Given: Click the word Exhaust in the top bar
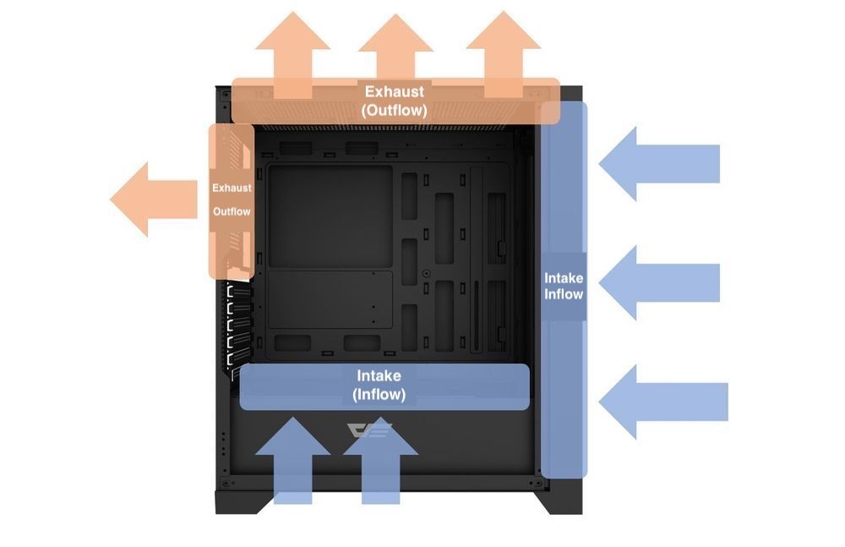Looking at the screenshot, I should (394, 91).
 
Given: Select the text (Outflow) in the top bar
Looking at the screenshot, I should (394, 110).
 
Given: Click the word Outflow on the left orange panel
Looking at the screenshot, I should (232, 211).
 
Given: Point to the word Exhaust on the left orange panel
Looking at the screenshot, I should (232, 188).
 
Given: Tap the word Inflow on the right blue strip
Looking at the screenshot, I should (564, 294).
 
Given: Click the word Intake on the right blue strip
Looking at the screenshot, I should (564, 277).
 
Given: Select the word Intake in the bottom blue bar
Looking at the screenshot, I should (379, 375).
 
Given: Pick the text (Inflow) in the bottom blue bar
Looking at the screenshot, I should (379, 394).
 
